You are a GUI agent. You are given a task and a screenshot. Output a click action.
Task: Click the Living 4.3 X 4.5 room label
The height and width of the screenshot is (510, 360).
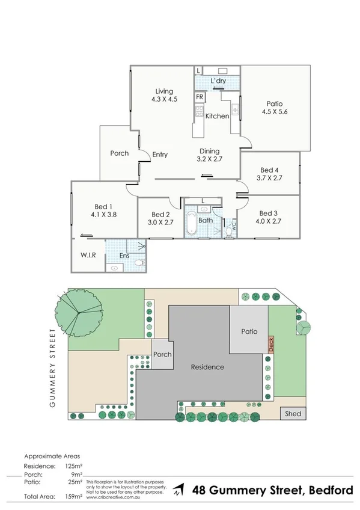(164, 96)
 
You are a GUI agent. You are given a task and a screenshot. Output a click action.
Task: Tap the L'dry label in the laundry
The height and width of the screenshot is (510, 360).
(218, 81)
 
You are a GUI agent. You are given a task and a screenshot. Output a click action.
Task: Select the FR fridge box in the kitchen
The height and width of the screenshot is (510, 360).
(198, 96)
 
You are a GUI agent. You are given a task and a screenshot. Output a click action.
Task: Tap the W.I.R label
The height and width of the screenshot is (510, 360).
(88, 255)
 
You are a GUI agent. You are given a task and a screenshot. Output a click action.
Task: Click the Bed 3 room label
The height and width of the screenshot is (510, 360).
(268, 213)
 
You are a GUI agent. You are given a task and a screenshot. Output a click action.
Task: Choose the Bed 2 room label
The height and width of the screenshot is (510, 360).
(160, 215)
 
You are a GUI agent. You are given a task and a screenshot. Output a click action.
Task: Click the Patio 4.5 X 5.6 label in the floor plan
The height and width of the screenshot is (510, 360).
(275, 108)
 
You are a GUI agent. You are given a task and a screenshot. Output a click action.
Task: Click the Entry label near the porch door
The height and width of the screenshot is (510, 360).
(160, 155)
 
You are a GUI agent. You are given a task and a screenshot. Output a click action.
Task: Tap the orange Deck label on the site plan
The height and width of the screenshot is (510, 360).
(271, 344)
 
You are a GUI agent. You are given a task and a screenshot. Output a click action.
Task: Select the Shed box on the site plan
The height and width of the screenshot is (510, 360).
(293, 414)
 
